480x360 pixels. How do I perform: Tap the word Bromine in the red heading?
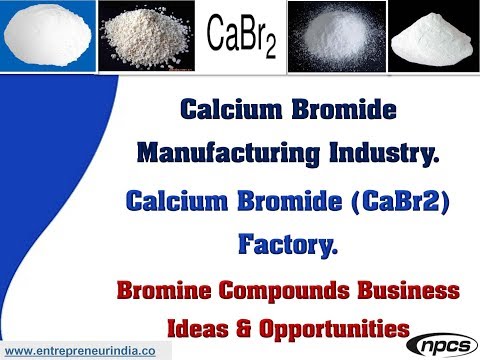[x=167, y=291]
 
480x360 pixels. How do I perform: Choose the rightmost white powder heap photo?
[x=432, y=38]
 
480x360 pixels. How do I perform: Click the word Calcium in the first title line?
[x=227, y=110]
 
